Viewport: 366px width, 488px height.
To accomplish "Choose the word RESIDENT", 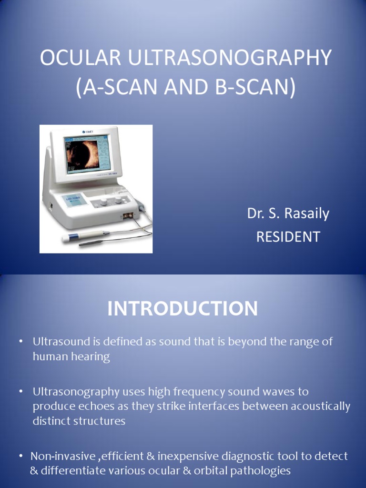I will (288, 237).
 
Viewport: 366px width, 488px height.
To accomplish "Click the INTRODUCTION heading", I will (183, 309).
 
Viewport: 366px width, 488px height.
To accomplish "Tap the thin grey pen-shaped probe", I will (95, 242).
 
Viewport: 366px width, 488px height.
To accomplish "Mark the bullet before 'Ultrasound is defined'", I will (20, 342).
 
